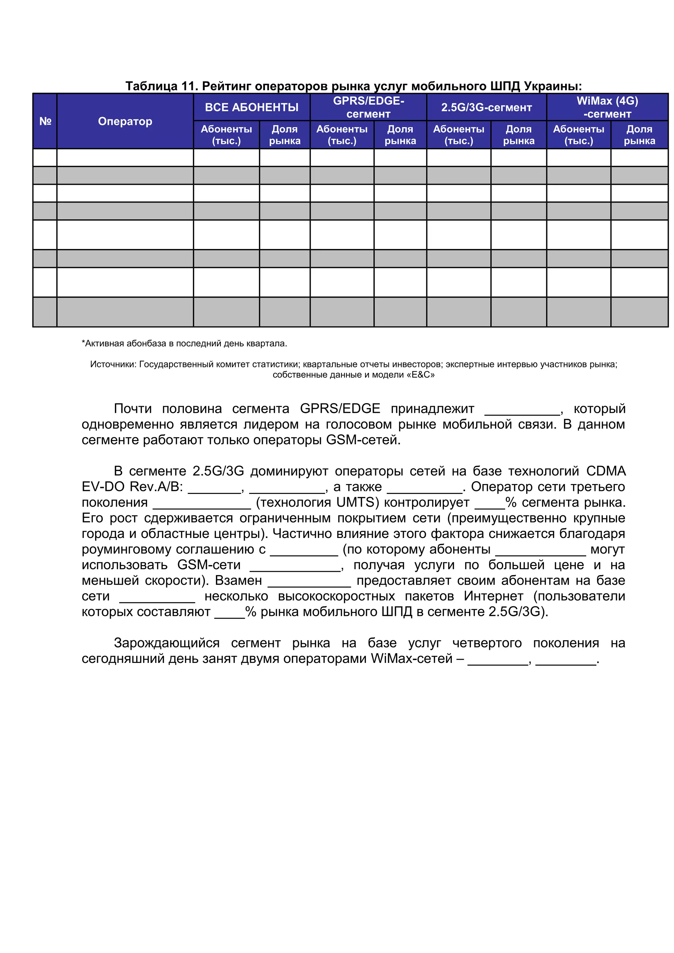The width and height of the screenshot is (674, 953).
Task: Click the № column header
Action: click(x=45, y=121)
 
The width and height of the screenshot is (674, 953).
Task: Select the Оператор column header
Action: click(x=125, y=121)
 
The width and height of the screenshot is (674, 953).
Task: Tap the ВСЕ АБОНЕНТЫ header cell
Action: click(x=252, y=107)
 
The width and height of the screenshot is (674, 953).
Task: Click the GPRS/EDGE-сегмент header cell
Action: click(x=368, y=107)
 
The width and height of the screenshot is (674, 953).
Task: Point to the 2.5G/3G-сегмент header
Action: click(x=486, y=107)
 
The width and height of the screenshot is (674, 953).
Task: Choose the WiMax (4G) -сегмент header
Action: click(x=607, y=107)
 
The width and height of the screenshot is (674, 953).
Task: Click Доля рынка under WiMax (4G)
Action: click(x=639, y=135)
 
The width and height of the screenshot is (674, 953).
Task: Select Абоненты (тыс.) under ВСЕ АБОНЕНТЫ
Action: click(x=226, y=135)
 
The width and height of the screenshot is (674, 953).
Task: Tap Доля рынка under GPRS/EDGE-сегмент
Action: click(x=400, y=135)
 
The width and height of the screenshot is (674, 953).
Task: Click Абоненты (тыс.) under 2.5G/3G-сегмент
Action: click(x=458, y=135)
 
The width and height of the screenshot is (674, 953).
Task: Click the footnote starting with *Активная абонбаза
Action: click(x=184, y=343)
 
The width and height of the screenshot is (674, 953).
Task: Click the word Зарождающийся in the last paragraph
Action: click(x=167, y=643)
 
